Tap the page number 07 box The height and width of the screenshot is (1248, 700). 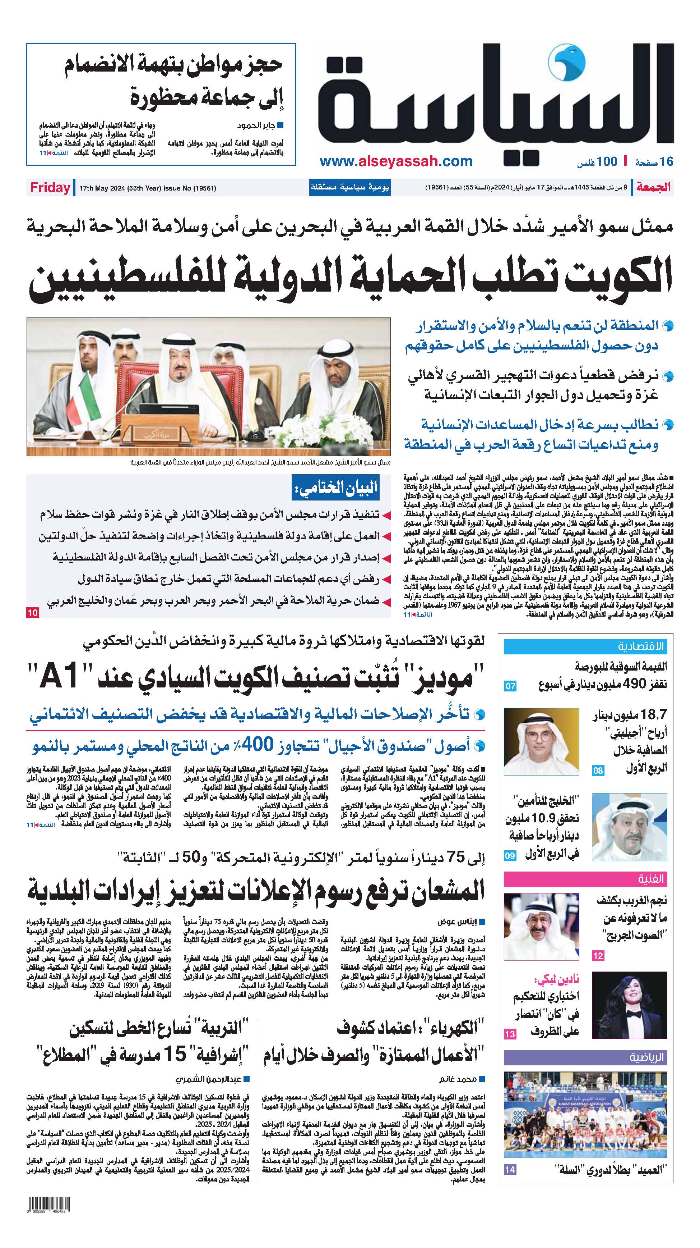(511, 686)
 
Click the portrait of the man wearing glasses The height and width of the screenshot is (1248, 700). (541, 741)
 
